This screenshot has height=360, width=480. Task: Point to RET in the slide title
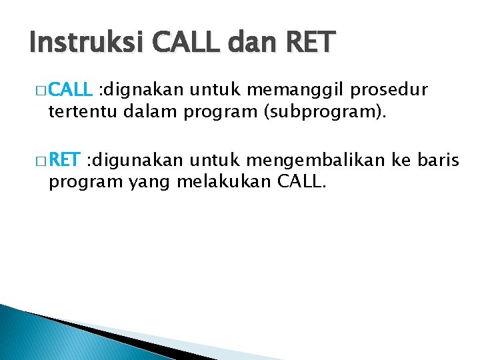click(311, 43)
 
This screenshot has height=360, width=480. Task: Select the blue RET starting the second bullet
click(65, 161)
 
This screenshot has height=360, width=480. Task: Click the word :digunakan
click(138, 161)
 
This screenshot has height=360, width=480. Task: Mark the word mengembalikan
click(323, 161)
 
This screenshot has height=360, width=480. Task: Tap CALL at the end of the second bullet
click(300, 181)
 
